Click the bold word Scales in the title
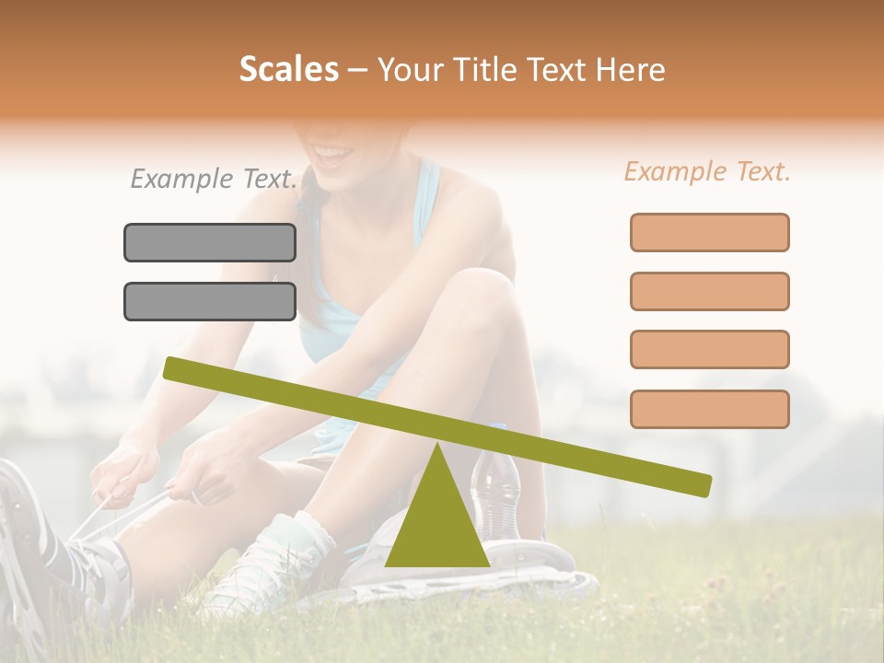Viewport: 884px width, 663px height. [288, 70]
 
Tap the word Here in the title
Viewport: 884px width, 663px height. [632, 70]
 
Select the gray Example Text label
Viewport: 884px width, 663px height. [214, 179]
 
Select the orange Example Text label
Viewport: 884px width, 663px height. [707, 171]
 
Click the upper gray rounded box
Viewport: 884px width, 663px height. [210, 242]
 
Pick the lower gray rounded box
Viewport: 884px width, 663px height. [210, 301]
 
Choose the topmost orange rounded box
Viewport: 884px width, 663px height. [709, 232]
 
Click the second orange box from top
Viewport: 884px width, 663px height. [709, 291]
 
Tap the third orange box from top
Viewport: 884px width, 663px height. [709, 349]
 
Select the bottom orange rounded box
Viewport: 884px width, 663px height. [709, 409]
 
